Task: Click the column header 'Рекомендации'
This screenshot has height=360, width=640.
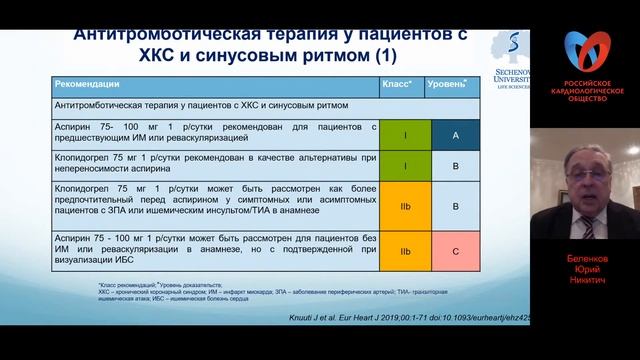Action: [87, 85]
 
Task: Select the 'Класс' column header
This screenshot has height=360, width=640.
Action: [402, 85]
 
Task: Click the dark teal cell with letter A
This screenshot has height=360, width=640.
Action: [455, 135]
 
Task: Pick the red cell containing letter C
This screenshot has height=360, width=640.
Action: [455, 251]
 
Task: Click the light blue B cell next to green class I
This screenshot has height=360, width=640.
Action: [455, 165]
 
